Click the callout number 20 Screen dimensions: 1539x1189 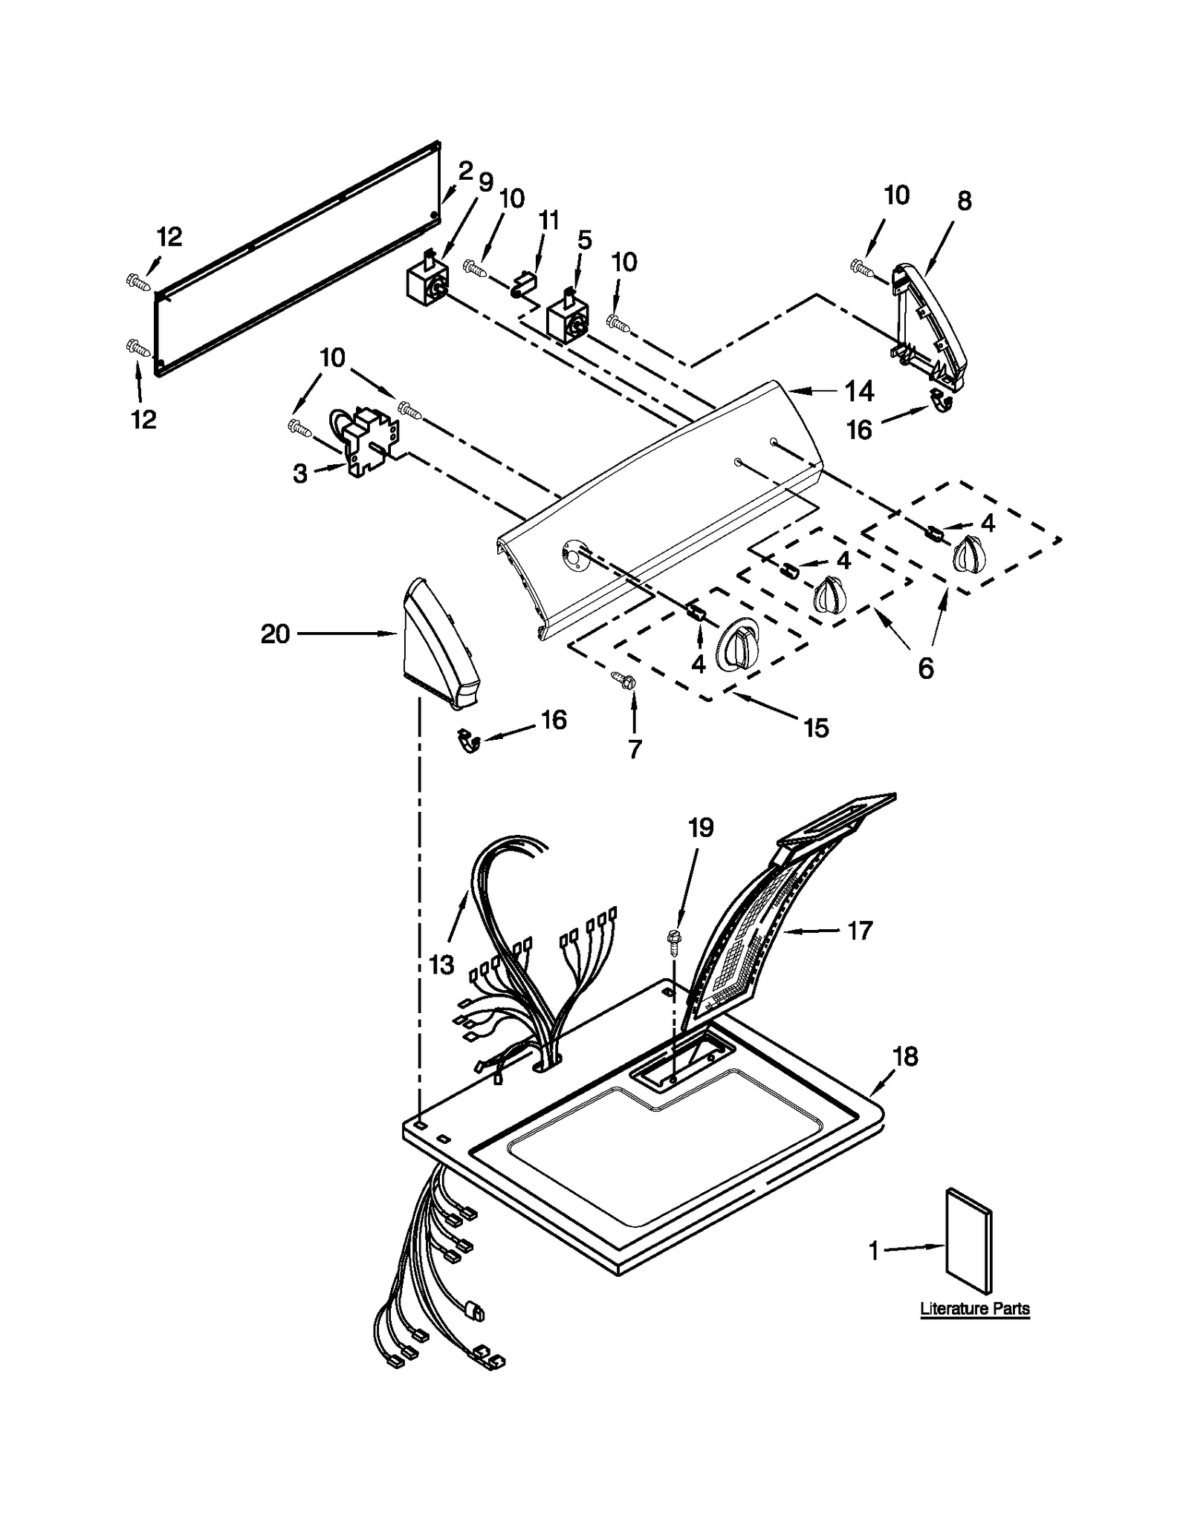tap(274, 634)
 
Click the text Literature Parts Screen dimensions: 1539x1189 tap(974, 1309)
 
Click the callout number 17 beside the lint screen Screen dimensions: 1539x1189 tap(859, 930)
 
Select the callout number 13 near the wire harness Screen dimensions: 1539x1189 tap(441, 965)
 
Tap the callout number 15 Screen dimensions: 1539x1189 tap(815, 728)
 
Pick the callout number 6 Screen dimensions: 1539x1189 tap(925, 668)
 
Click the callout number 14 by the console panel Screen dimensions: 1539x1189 tap(859, 391)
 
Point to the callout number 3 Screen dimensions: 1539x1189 tap(299, 473)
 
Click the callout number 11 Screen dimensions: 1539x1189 tap(548, 221)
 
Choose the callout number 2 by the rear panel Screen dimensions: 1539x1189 tap(465, 172)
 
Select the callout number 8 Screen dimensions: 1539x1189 tap(964, 201)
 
